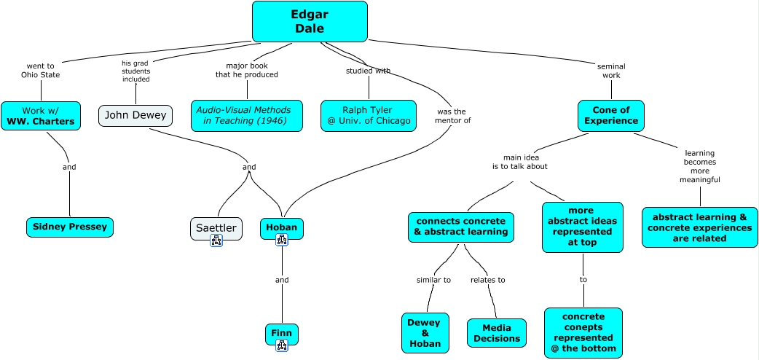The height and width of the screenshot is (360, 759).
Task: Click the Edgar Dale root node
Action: point(310,21)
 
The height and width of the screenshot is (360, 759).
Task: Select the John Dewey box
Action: point(135,115)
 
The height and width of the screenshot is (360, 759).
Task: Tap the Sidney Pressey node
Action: point(70,227)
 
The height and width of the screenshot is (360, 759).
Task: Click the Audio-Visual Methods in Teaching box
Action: point(246,115)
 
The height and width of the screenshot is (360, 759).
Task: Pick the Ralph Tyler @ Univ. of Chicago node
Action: point(369,115)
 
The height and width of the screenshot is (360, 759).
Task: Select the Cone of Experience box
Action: point(611,115)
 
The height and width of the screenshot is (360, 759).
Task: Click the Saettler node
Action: point(216,228)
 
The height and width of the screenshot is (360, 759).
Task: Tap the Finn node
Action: point(281,333)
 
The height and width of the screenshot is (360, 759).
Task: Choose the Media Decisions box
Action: point(496,333)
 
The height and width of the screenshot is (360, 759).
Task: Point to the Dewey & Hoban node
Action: point(425,332)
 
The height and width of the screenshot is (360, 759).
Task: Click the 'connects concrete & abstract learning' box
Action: point(460,227)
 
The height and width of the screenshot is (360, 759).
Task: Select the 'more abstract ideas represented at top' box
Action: point(583,227)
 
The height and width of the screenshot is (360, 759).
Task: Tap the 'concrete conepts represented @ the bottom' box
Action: point(583,333)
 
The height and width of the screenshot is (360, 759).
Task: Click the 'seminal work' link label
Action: point(611,71)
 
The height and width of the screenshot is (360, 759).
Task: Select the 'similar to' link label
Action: point(433,280)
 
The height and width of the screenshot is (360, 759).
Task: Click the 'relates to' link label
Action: point(487,280)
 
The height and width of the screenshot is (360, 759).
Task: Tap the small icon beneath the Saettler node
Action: point(216,241)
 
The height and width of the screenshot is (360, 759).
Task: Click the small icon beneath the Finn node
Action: point(281,345)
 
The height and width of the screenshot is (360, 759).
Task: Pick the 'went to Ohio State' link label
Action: point(41,70)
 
